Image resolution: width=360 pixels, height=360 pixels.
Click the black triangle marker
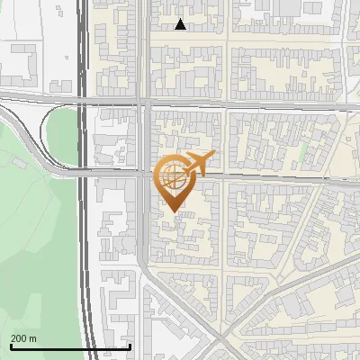point(181,24)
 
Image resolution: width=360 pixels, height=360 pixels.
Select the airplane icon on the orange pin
point(197,165)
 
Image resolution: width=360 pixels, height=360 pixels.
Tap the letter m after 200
point(33,338)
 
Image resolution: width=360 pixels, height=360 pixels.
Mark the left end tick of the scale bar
point(10,346)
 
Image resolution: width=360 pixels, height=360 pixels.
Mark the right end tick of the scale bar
point(130,346)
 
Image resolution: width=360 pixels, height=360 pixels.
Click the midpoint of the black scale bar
point(70,346)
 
